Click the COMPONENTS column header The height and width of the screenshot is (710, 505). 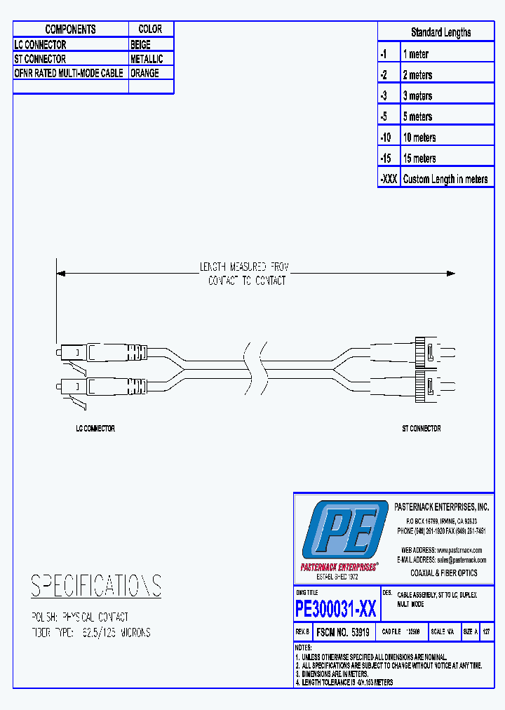70,29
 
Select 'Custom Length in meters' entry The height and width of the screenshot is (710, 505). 445,179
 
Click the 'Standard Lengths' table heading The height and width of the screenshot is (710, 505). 440,32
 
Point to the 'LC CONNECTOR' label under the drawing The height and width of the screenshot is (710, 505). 95,428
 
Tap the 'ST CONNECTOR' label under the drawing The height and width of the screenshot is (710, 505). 421,428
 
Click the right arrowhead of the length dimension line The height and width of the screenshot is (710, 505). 451,274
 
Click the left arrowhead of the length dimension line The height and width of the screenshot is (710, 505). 61,274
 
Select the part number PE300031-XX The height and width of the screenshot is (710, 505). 336,608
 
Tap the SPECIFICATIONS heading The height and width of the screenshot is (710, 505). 96,586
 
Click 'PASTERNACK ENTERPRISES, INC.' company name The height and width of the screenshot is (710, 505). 442,507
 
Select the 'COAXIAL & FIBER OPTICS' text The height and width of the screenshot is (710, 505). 443,573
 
